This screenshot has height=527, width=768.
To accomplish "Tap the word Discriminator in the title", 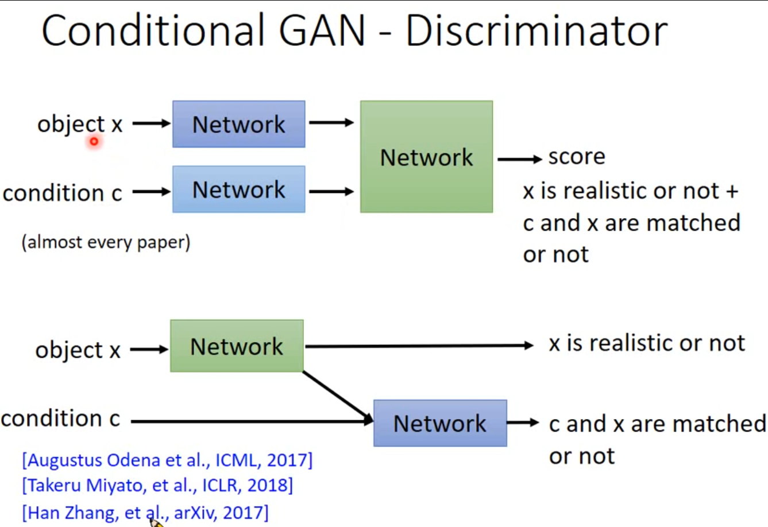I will (537, 32).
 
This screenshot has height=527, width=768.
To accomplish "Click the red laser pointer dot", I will (94, 141).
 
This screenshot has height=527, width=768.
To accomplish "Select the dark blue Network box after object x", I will (238, 124).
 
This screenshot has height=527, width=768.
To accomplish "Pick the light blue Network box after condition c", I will (238, 189).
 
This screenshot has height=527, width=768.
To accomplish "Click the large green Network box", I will (426, 157).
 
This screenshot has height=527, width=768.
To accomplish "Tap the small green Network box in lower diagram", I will (237, 346).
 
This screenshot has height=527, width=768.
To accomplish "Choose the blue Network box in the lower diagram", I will (440, 423).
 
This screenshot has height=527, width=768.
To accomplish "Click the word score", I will (577, 157).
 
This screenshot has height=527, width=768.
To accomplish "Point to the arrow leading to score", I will (519, 159).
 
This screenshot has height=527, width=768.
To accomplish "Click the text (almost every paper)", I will (106, 242).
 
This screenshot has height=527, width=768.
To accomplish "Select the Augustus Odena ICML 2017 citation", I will (167, 460).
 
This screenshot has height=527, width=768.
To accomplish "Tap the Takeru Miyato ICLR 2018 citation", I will (157, 486).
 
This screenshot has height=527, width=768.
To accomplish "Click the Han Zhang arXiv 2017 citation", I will (145, 512).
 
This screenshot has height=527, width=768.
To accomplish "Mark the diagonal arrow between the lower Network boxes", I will (336, 396).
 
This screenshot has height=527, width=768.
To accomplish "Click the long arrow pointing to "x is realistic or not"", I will (419, 346).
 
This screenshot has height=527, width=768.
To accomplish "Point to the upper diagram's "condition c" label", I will (62, 193).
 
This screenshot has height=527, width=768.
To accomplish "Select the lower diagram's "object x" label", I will (78, 350).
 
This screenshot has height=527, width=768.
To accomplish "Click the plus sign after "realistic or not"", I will (732, 191).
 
